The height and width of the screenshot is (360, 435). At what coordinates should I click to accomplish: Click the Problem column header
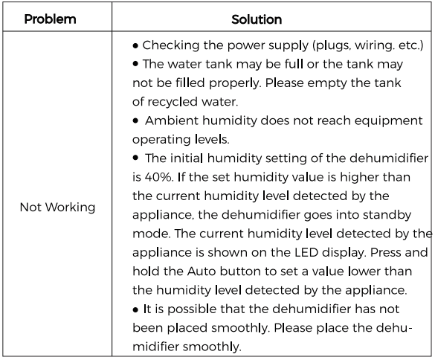(51, 19)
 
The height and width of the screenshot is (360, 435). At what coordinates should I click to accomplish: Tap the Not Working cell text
(57, 208)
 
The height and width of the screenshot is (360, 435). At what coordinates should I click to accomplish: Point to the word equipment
(369, 120)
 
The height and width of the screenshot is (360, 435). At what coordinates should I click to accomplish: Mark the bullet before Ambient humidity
(136, 121)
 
